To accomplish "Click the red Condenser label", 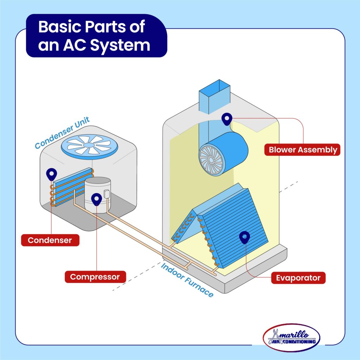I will tap(50, 240).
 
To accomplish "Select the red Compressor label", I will tap(95, 277).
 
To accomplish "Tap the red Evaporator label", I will tap(298, 278).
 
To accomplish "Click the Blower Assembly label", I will tap(302, 149).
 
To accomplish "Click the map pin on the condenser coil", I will tap(52, 173).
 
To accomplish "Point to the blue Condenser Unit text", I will tap(62, 133).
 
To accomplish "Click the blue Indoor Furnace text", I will tap(187, 280).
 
